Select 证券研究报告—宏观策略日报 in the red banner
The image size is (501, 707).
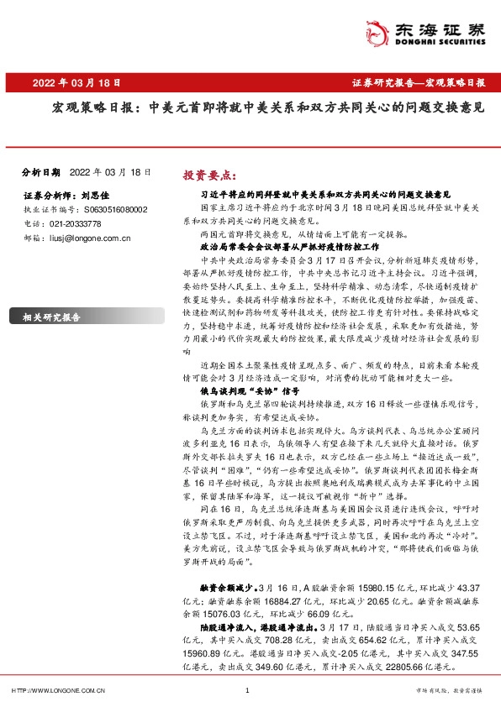418,83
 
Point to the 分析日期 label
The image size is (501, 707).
38,171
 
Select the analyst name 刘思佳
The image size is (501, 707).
97,196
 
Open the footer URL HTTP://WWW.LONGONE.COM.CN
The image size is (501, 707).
58,690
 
